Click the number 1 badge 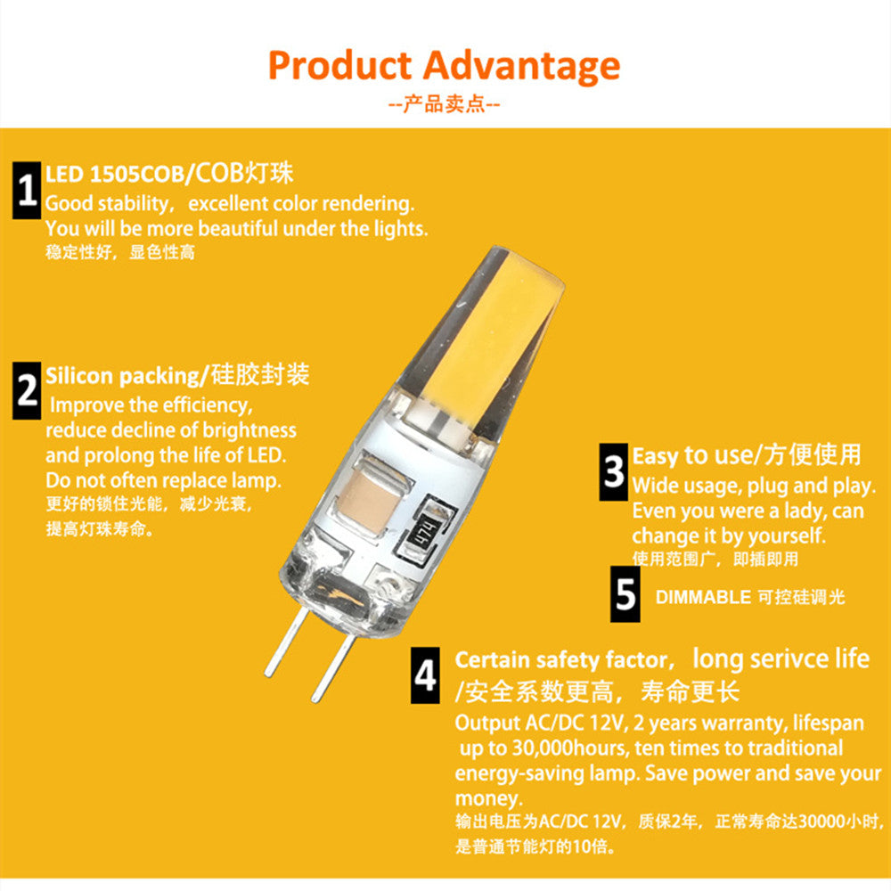point(27,191)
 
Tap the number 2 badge point(27,391)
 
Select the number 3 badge point(613,471)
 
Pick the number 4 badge point(426,675)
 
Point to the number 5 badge point(625,594)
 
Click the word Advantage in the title point(521,66)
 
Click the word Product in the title point(339,66)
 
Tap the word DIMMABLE point(703,598)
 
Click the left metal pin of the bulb point(285,642)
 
